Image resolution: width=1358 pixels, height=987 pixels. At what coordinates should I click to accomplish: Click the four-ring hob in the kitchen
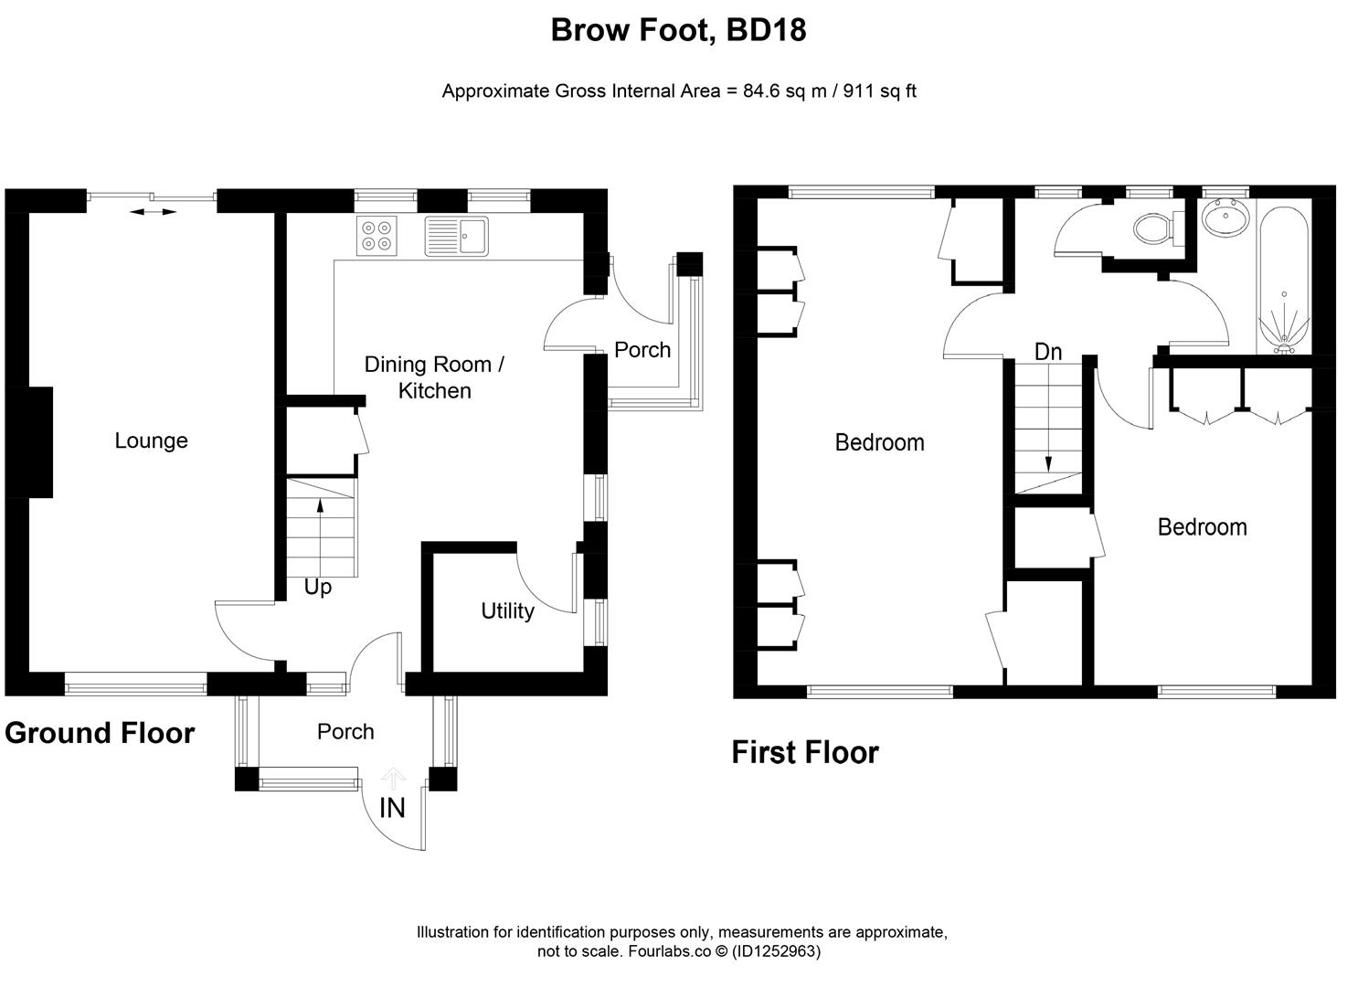(x=377, y=236)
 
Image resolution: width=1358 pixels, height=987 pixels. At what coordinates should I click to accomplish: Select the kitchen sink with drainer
(x=456, y=236)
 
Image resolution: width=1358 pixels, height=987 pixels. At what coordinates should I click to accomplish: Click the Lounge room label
(x=151, y=440)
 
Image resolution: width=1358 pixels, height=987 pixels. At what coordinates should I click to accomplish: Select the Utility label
(x=507, y=610)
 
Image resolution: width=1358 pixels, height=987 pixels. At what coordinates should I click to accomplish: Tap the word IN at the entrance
(x=392, y=808)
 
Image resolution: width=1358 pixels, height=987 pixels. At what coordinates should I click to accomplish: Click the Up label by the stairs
(x=317, y=588)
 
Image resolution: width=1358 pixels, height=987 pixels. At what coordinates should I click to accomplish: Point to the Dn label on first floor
(x=1048, y=352)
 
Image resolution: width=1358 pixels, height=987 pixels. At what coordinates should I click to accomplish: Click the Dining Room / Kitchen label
(x=434, y=377)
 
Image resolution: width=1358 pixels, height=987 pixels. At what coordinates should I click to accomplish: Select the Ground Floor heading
(x=100, y=733)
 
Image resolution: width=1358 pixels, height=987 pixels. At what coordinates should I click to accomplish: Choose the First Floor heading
(x=804, y=752)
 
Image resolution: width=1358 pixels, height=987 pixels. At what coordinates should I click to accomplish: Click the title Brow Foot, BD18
(x=678, y=30)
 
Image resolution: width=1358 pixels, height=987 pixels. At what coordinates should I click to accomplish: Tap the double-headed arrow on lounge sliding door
(x=153, y=212)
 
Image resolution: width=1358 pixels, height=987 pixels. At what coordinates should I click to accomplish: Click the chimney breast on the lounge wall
(x=39, y=442)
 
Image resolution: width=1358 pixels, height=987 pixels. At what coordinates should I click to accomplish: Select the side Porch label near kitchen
(x=642, y=350)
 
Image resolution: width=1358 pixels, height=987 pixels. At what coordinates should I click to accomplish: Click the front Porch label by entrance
(x=345, y=731)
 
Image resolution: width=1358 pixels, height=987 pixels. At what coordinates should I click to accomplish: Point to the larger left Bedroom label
(x=879, y=442)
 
